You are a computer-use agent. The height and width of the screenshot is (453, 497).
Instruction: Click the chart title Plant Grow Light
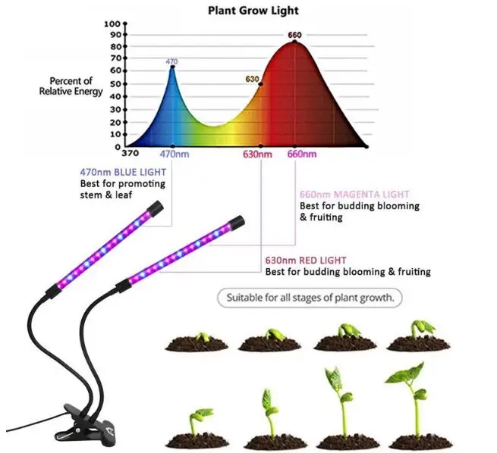coord(253,11)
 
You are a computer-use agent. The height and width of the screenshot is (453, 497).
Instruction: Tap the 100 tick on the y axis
coord(112,23)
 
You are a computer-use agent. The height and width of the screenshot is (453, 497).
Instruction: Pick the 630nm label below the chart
coord(257,155)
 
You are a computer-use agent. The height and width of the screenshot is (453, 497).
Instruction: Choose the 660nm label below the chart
coord(301,155)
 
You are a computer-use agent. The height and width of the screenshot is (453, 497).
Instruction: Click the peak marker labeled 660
coord(294,42)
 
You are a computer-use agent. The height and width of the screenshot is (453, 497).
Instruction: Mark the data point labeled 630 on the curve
coord(261,84)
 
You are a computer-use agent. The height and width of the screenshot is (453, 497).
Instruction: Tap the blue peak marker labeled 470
coord(172,67)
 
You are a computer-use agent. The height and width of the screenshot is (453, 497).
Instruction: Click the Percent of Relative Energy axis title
coord(66,86)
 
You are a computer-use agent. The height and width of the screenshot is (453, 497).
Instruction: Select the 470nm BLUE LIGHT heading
coord(121,171)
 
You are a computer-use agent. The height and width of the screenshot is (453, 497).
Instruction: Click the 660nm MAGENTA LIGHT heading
coord(354,194)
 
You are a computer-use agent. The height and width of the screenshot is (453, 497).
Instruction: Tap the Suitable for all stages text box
coord(310,298)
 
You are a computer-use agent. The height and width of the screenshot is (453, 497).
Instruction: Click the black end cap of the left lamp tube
coord(154,206)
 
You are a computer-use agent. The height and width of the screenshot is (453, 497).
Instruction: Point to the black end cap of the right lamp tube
coord(234,223)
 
